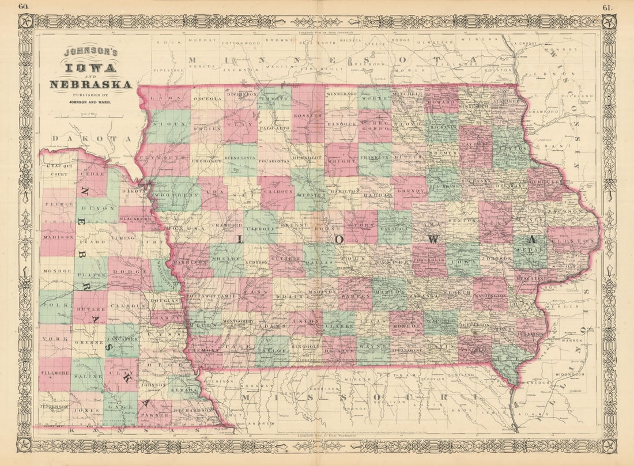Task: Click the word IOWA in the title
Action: pyautogui.click(x=90, y=68)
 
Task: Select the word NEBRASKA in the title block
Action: pyautogui.click(x=90, y=85)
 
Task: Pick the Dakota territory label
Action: pyautogui.click(x=89, y=139)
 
